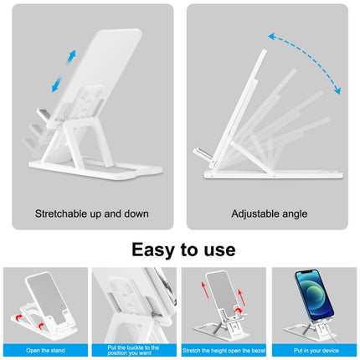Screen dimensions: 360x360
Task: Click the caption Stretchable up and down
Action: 91,213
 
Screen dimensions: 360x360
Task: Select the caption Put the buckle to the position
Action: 134,349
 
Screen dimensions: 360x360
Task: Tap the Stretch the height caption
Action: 224,349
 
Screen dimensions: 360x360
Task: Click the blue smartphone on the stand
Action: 311,297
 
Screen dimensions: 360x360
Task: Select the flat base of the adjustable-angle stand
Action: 276,174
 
